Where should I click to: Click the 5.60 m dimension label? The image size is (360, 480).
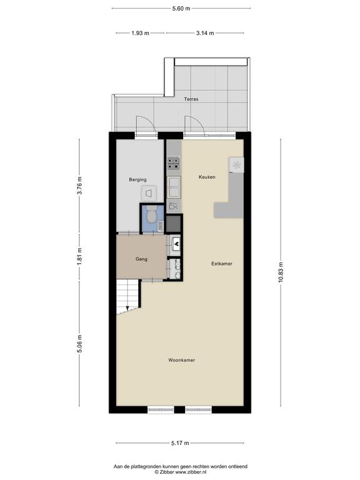coord(181,9)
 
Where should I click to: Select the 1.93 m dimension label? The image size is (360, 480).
coord(140,33)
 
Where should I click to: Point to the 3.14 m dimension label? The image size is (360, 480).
coord(205,33)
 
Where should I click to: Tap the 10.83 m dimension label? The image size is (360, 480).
coord(281,272)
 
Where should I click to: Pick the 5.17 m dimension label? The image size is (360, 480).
coord(180,443)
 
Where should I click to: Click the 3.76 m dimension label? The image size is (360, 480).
coord(79,186)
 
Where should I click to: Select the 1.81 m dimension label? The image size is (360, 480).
coord(79,256)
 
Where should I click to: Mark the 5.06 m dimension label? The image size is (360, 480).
coord(79,344)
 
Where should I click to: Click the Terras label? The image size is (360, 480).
coord(191,99)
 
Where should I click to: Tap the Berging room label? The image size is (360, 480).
coord(137,180)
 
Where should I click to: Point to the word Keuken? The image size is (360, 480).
coord(207,177)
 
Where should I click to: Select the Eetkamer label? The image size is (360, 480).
coord(222,264)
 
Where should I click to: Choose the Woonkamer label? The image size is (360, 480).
coord(181,360)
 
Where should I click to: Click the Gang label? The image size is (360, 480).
coord(141,259)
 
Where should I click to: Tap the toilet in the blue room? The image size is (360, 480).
coord(151,214)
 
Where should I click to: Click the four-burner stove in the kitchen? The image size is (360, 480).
coord(174,163)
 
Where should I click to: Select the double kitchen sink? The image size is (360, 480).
coord(174,187)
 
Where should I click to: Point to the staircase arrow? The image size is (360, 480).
coord(127,308)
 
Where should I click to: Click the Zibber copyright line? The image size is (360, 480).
coord(180,472)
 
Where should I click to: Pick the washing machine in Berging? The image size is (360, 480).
coord(149,194)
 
